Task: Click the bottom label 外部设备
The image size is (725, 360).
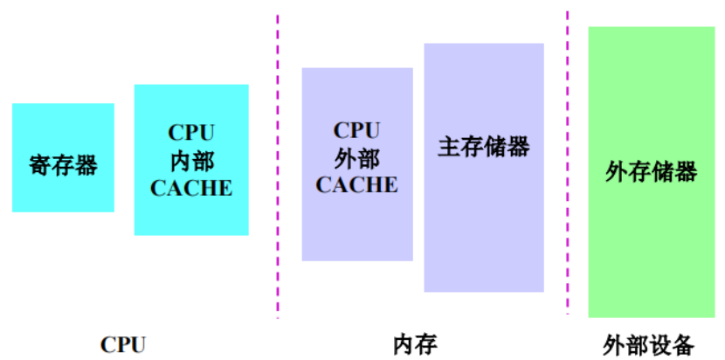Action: point(649,343)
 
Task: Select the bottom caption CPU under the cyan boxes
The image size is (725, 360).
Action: point(122,343)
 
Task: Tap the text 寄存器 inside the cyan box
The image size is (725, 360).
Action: point(63,164)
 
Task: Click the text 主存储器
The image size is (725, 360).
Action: point(484,146)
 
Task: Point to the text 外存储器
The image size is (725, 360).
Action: point(651,171)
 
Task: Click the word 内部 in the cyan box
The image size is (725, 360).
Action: point(191,160)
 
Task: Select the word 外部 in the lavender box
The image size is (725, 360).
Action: point(357,157)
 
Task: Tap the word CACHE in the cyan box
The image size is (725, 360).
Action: point(191,187)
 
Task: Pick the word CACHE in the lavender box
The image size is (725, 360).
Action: point(357,184)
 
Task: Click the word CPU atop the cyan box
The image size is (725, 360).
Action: point(191,133)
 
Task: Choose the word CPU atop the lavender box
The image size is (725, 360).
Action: point(357,130)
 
